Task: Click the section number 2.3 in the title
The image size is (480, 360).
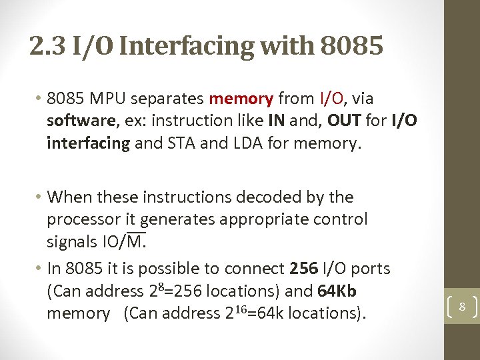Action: pos(47,47)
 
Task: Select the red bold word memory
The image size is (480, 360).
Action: pos(241,99)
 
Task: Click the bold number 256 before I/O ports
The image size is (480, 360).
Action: pos(304,269)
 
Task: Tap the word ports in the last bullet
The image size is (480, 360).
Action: pos(371,269)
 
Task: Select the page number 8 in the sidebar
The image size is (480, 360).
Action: pos(461,307)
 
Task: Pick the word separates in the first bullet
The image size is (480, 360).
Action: pos(169,99)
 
